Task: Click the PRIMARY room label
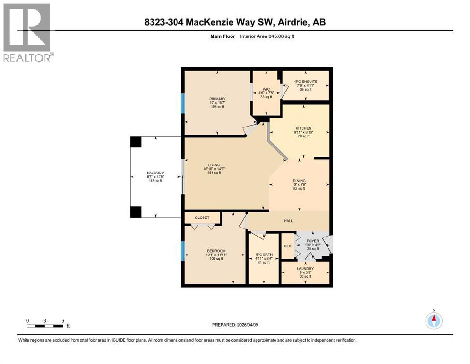218,99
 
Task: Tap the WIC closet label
266,88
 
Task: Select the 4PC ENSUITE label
305,82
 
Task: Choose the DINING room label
299,181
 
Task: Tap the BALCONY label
154,173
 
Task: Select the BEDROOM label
216,251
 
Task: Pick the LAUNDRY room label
305,269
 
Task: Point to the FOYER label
313,241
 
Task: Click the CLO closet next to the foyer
287,246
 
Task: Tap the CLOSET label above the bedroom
202,218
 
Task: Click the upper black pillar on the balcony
136,141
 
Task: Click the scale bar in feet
45,326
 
